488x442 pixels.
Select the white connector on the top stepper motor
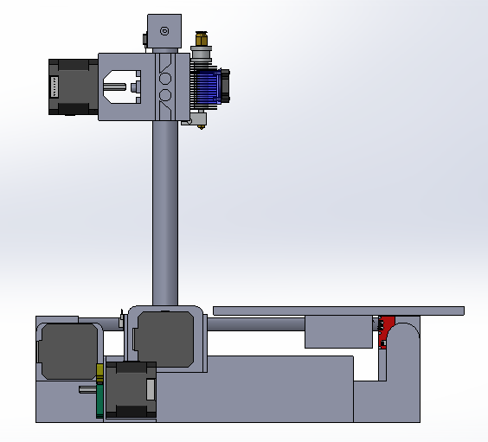pyautogui.click(x=55, y=86)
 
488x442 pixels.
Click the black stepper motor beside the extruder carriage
pyautogui.click(x=73, y=86)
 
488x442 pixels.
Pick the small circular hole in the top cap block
pyautogui.click(x=164, y=31)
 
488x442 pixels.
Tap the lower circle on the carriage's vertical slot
pyautogui.click(x=164, y=96)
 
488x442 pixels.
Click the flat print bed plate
pyautogui.click(x=337, y=311)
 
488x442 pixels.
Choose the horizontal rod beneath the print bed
pyautogui.click(x=255, y=324)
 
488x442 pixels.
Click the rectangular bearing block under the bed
pyautogui.click(x=338, y=331)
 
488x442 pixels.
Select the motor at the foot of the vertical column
pyautogui.click(x=165, y=341)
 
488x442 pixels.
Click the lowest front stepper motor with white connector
pyautogui.click(x=131, y=389)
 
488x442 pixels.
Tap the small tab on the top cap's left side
pyautogui.click(x=143, y=38)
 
